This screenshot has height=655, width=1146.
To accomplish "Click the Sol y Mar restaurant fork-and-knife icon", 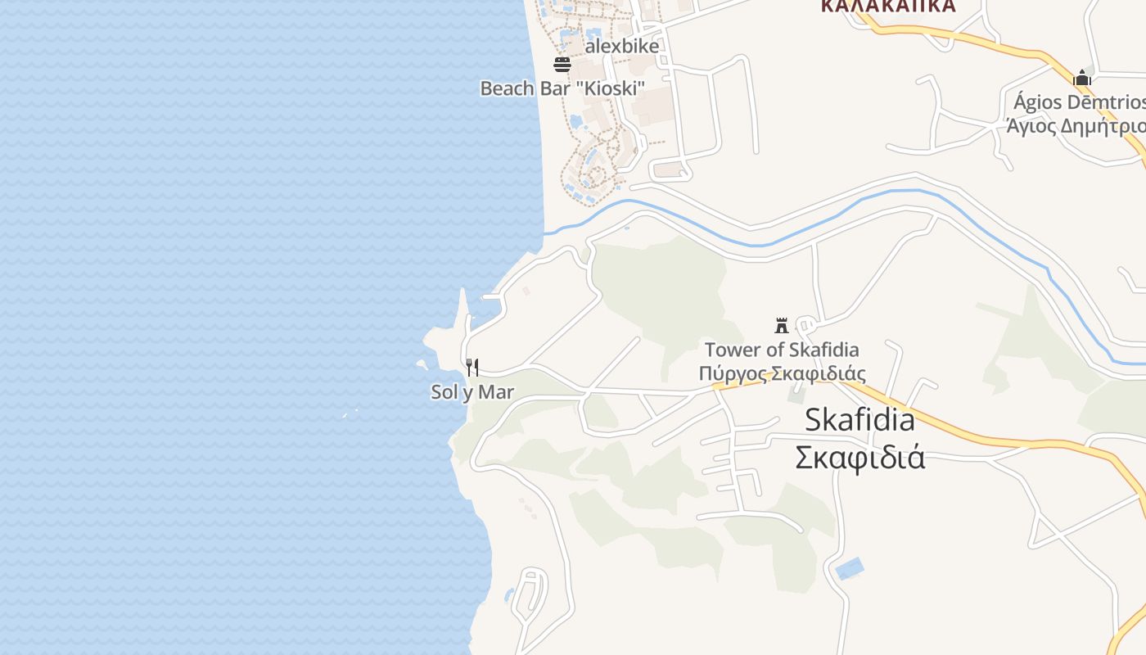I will [472, 368].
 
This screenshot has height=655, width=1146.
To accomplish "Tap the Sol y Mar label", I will [472, 392].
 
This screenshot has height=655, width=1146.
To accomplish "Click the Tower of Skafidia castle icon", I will [782, 325].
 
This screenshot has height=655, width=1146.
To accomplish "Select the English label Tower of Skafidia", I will [782, 350].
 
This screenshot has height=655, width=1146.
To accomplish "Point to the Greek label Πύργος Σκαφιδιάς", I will [782, 374].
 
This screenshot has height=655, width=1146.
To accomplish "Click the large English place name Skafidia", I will [859, 420].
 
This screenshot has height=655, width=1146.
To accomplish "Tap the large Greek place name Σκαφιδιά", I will [859, 457].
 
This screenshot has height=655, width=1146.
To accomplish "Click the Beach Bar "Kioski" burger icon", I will [562, 64].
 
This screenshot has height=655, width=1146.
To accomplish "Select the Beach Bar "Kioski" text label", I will [562, 88].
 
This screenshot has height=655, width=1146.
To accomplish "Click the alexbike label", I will [621, 47].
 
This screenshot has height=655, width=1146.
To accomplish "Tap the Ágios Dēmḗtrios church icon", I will [1082, 78].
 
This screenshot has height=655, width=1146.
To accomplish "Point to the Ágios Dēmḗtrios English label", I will [1079, 102].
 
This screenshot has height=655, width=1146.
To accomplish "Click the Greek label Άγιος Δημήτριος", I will [1076, 126].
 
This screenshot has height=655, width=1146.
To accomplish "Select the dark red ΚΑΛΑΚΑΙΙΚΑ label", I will [887, 7].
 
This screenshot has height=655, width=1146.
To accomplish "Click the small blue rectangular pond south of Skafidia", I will [850, 568].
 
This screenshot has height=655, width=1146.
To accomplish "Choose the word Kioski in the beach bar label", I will [613, 88].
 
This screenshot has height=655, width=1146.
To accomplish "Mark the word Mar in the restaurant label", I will [495, 392].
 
